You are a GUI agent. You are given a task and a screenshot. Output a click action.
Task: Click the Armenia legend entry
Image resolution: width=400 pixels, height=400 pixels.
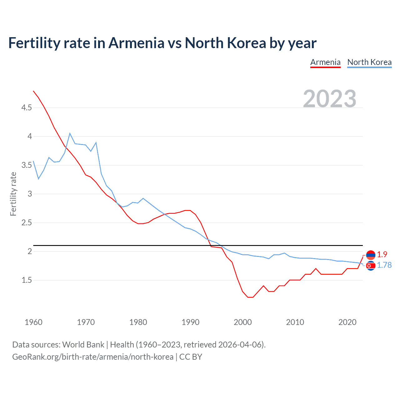pyautogui.click(x=325, y=62)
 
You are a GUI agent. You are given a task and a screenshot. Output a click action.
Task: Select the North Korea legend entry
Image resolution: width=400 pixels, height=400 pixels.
pyautogui.click(x=369, y=62)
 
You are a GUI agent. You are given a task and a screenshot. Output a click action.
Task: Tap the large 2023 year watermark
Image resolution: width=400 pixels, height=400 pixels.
pyautogui.click(x=329, y=98)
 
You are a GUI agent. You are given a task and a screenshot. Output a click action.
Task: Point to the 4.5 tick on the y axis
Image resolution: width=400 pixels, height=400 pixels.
pyautogui.click(x=27, y=108)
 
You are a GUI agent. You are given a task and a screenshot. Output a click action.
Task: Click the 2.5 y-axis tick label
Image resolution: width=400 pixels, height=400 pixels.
pyautogui.click(x=27, y=223)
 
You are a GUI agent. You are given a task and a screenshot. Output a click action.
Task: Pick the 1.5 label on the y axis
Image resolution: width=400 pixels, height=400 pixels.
pyautogui.click(x=27, y=280)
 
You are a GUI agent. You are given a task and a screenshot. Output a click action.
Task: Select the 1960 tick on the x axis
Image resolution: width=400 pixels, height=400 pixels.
pyautogui.click(x=33, y=322)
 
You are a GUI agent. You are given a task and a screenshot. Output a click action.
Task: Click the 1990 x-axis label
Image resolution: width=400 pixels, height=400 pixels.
pyautogui.click(x=190, y=322)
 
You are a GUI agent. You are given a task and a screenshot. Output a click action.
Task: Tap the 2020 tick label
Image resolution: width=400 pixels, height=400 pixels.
pyautogui.click(x=347, y=322)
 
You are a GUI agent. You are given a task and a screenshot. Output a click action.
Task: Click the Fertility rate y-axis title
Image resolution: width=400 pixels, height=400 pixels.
pyautogui.click(x=13, y=194)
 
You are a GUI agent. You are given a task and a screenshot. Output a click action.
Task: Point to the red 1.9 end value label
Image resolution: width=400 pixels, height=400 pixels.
pyautogui.click(x=382, y=254)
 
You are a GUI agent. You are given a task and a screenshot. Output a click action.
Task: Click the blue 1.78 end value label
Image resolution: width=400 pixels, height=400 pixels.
pyautogui.click(x=384, y=265)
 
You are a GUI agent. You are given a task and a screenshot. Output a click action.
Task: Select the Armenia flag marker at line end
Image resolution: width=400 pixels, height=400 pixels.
pyautogui.click(x=371, y=255)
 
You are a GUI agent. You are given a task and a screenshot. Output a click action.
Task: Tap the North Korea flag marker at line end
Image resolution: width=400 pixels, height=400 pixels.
pyautogui.click(x=371, y=266)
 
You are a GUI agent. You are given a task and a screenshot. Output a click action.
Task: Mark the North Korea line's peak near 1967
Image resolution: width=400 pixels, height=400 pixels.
pyautogui.click(x=70, y=133)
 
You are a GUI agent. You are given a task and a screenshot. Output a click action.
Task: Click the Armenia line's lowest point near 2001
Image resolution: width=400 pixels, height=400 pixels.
pyautogui.click(x=250, y=297)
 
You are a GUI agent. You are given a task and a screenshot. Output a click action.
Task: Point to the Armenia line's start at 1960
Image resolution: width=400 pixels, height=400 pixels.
pyautogui.click(x=33, y=91)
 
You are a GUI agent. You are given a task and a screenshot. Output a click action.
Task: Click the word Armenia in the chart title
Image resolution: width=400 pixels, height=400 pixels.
pyautogui.click(x=136, y=43)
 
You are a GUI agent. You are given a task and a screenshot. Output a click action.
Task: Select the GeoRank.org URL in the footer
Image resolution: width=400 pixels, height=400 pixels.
pyautogui.click(x=92, y=357)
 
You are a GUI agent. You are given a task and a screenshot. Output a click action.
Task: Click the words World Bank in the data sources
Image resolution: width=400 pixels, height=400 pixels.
pyautogui.click(x=83, y=345)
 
